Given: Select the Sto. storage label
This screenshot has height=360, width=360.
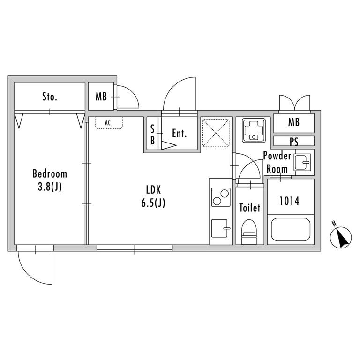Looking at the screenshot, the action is (50, 97).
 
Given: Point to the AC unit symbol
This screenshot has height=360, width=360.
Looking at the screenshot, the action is (109, 123).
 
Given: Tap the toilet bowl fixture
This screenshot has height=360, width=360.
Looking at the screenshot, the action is (249, 232).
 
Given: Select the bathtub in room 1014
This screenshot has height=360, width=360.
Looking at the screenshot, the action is (291, 229).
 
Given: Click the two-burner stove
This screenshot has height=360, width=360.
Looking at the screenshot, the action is (221, 197).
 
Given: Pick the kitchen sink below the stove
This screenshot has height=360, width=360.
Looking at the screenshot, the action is (221, 228).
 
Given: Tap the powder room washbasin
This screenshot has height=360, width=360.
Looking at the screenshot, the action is (303, 162).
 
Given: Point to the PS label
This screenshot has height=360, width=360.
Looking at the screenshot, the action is (294, 142).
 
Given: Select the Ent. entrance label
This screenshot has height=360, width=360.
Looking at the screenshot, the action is (180, 134).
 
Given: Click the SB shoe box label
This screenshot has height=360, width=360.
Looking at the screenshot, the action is (152, 135).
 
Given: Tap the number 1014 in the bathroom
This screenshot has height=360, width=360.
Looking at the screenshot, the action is (289, 201).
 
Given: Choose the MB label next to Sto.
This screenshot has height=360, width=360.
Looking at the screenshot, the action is (101, 97).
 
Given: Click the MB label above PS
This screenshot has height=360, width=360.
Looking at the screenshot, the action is (294, 122).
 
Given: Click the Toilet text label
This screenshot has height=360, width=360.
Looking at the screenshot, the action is (249, 208).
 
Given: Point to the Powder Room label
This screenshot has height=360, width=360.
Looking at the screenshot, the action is (277, 162).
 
